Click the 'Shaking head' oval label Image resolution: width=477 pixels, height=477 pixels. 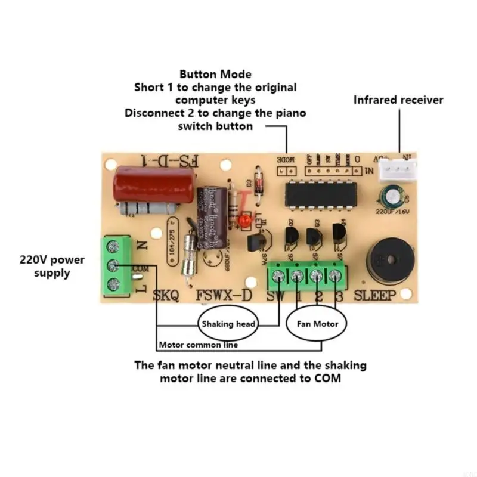tap(228, 324)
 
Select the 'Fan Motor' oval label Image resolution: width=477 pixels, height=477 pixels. tap(317, 324)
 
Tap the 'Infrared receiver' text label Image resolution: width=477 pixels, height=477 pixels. tap(398, 100)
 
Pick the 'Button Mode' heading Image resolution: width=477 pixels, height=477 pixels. tap(215, 75)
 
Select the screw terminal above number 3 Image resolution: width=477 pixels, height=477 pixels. tap(336, 275)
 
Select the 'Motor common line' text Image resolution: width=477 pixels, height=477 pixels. tap(199, 345)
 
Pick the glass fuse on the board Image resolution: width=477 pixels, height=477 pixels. tap(190, 253)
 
